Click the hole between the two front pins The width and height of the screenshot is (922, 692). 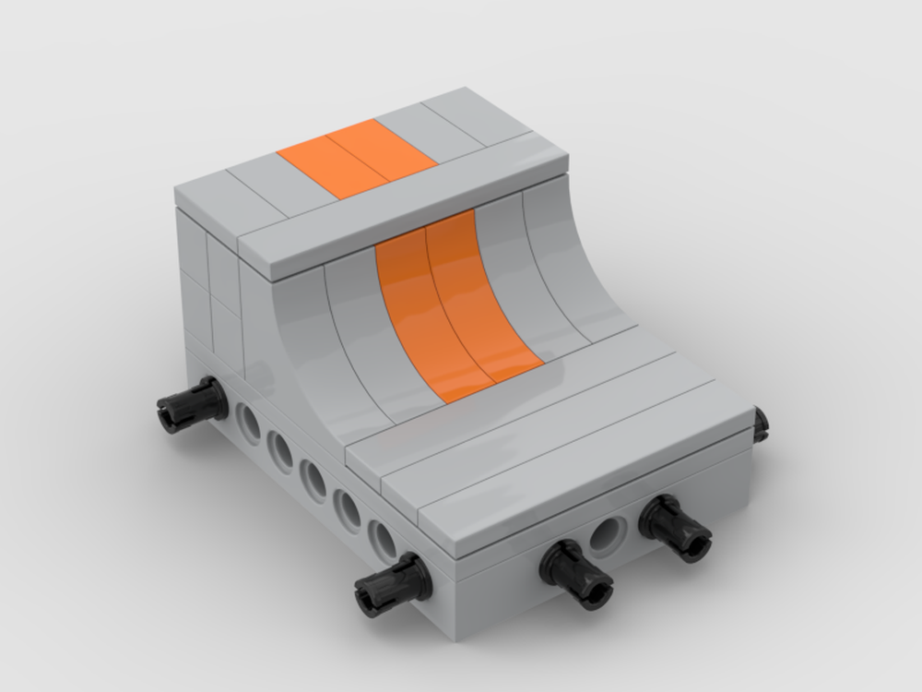[608, 533]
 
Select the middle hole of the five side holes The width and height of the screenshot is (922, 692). [313, 479]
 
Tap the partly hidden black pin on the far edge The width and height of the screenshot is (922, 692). [761, 423]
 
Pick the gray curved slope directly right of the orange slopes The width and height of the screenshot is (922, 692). [526, 277]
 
